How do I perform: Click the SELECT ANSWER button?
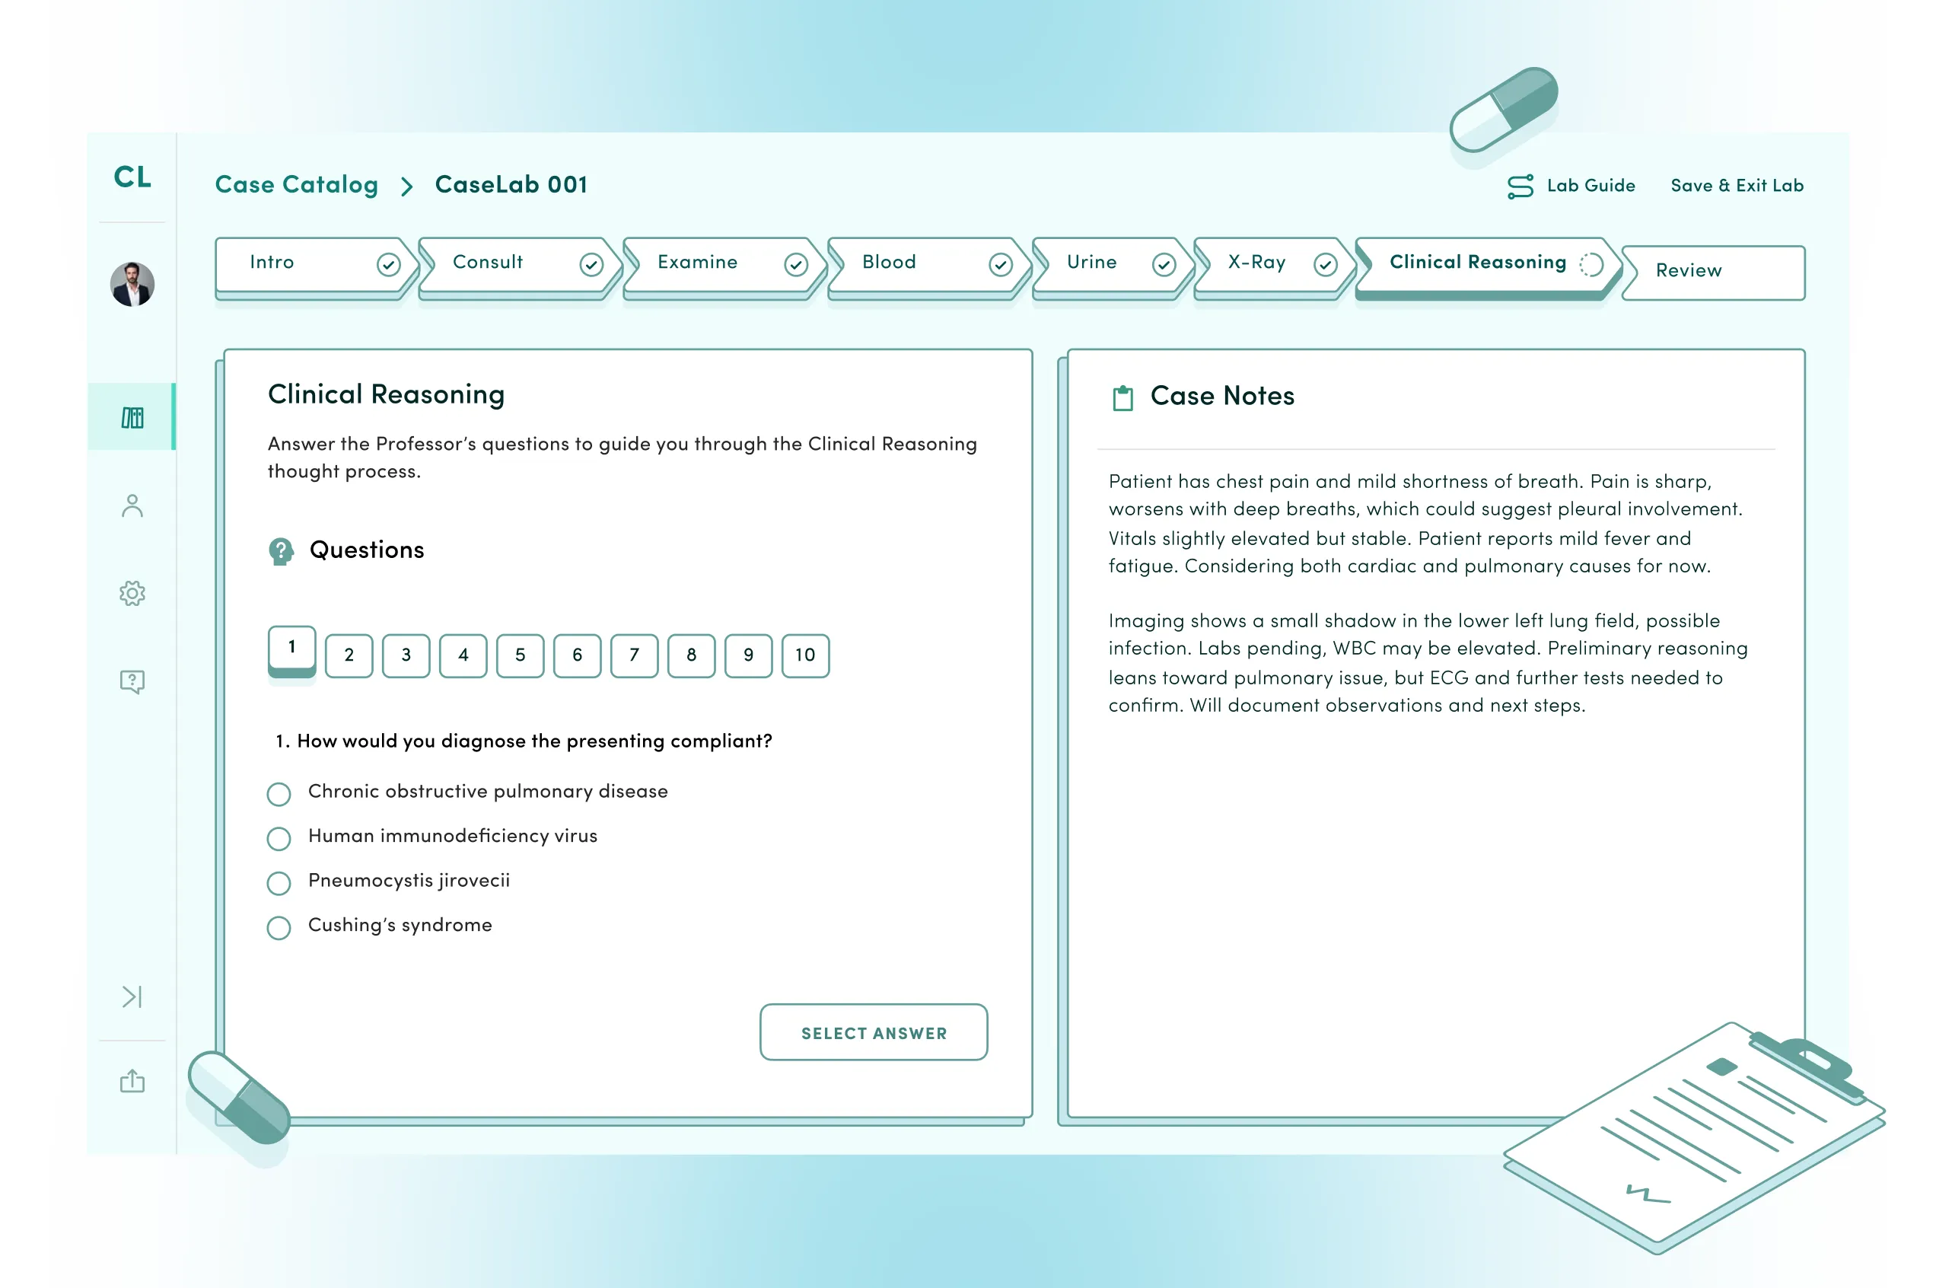pyautogui.click(x=873, y=1032)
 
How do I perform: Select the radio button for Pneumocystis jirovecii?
pyautogui.click(x=279, y=883)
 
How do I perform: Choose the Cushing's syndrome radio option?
pyautogui.click(x=279, y=927)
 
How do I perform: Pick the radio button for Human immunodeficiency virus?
pyautogui.click(x=279, y=839)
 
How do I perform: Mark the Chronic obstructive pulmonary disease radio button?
pyautogui.click(x=279, y=793)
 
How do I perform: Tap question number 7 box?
pyautogui.click(x=634, y=655)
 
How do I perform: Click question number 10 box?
pyautogui.click(x=804, y=655)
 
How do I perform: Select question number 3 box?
pyautogui.click(x=406, y=655)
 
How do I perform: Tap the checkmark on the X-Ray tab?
pyautogui.click(x=1325, y=264)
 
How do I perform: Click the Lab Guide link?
pyautogui.click(x=1571, y=186)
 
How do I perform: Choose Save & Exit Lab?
pyautogui.click(x=1737, y=186)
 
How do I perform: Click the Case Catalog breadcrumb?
pyautogui.click(x=296, y=185)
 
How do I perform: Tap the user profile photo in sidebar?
pyautogui.click(x=132, y=284)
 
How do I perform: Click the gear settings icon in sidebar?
pyautogui.click(x=132, y=593)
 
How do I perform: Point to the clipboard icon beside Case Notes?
pyautogui.click(x=1122, y=397)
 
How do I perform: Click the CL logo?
pyautogui.click(x=132, y=177)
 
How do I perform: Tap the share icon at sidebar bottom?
pyautogui.click(x=132, y=1081)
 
